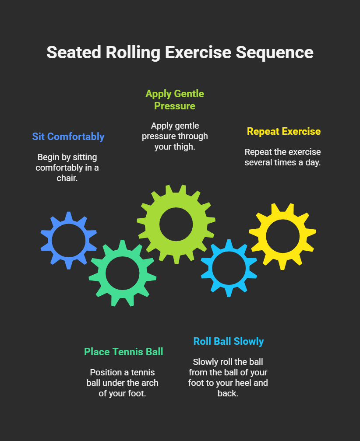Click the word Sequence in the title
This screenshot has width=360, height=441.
pos(275,52)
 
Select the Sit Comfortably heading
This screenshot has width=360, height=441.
pos(68,136)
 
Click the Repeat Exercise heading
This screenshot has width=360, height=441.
pos(284,131)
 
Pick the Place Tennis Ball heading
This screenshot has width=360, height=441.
pos(124,352)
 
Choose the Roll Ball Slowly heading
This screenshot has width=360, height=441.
pos(229,341)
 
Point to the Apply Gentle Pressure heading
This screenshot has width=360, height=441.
pos(175,100)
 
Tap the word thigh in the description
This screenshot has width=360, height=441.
pos(184,147)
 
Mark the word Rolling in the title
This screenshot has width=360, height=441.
pos(133,52)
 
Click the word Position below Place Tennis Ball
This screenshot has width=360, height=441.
pos(106,373)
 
